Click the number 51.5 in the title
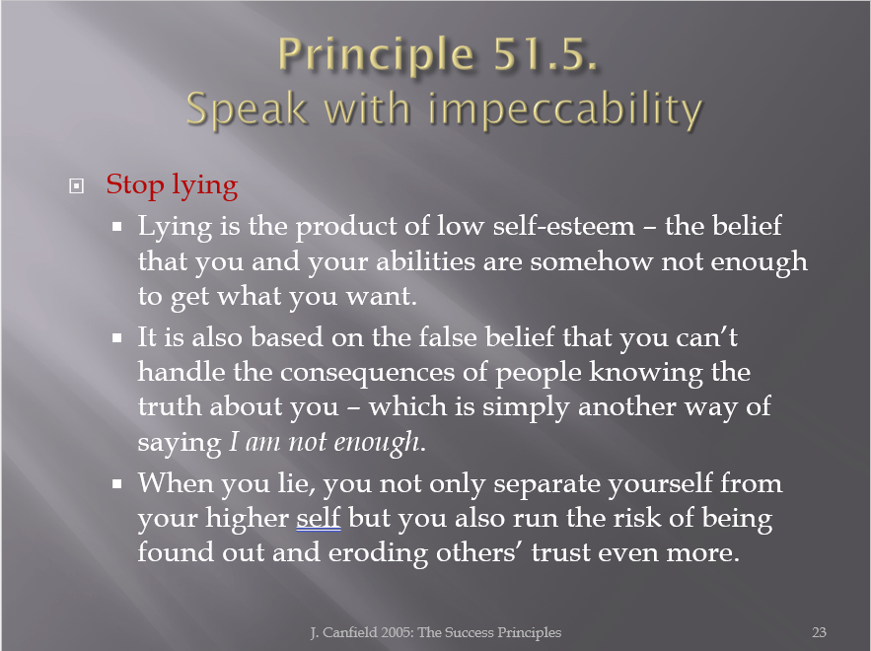pyautogui.click(x=544, y=54)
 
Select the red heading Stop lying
pyautogui.click(x=173, y=186)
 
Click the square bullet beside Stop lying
pyautogui.click(x=77, y=186)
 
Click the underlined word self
pyautogui.click(x=319, y=518)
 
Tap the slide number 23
pyautogui.click(x=819, y=632)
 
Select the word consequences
pyautogui.click(x=368, y=372)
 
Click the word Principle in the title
pyautogui.click(x=376, y=55)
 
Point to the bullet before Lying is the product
pyautogui.click(x=116, y=227)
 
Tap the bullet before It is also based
pyautogui.click(x=116, y=337)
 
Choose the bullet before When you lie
pyautogui.click(x=116, y=483)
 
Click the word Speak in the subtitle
pyautogui.click(x=247, y=108)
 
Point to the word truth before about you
pyautogui.click(x=170, y=406)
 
